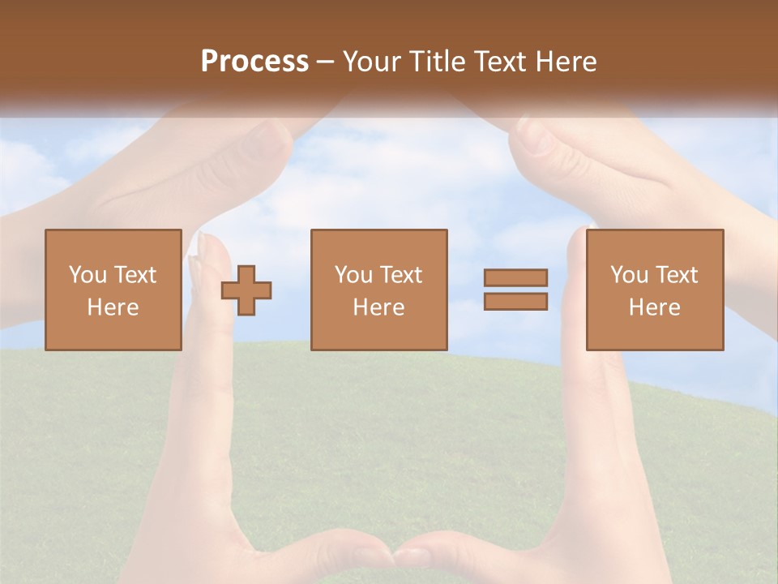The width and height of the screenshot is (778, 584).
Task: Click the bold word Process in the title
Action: coord(254,62)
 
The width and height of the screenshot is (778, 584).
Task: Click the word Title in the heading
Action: coord(438,62)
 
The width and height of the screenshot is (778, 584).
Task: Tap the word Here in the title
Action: coord(565,62)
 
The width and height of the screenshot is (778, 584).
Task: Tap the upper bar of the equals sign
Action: coord(515,277)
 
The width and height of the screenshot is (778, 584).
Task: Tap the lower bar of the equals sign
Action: coord(515,302)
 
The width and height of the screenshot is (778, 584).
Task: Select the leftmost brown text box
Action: coord(113,290)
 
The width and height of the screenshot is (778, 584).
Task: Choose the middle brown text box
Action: coord(379,290)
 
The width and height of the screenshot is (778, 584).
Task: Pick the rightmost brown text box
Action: coord(655,290)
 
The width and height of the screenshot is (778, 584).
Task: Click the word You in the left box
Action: coord(87,275)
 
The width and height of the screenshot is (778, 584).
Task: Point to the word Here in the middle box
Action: coord(379,307)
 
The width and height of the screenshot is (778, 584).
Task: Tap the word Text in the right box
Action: coord(677,275)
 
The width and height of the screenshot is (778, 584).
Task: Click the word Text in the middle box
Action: coord(401,275)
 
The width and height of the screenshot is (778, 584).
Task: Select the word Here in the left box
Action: coord(113,307)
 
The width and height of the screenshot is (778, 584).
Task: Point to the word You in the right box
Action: coord(629,275)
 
